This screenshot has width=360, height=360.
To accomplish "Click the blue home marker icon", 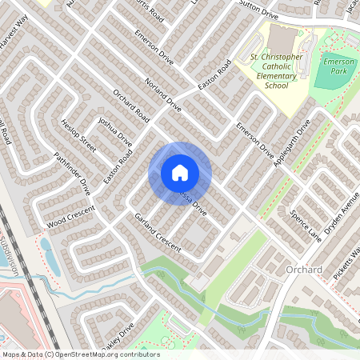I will pyautogui.click(x=180, y=172).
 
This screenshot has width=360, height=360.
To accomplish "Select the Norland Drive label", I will pyautogui.click(x=163, y=94).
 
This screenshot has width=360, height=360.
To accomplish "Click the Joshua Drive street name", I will pyautogui.click(x=114, y=130).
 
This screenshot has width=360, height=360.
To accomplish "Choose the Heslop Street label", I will pyautogui.click(x=78, y=136).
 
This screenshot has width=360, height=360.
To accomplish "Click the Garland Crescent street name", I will pyautogui.click(x=158, y=235).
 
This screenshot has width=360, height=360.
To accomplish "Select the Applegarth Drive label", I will pyautogui.click(x=292, y=142).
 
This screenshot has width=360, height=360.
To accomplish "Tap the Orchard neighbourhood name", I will pyautogui.click(x=304, y=270).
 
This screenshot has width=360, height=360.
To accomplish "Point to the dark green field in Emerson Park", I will pyautogui.click(x=330, y=77).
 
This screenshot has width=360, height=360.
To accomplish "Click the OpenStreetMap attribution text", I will pyautogui.click(x=80, y=354).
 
